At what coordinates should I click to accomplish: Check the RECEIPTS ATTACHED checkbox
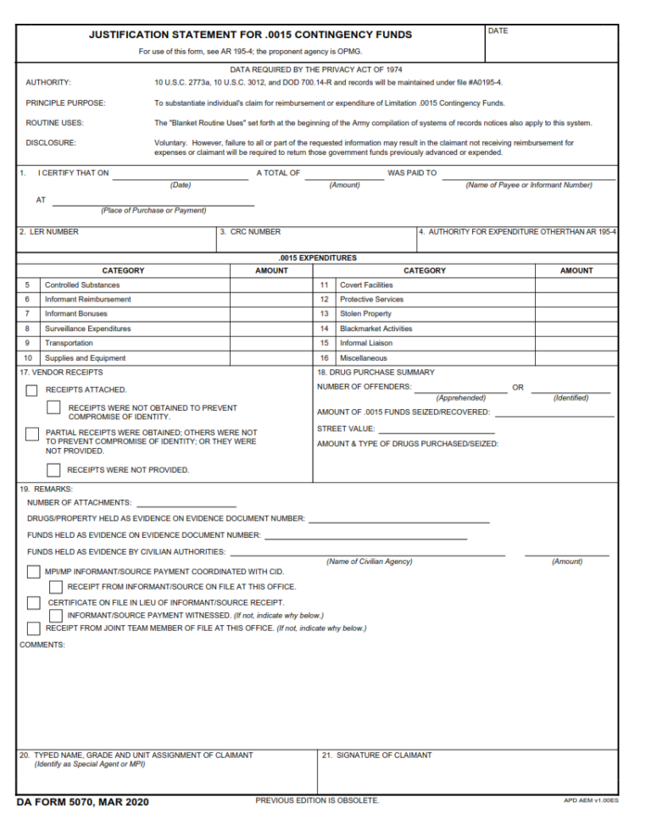pyautogui.click(x=32, y=390)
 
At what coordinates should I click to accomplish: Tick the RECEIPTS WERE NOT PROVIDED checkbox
pyautogui.click(x=53, y=470)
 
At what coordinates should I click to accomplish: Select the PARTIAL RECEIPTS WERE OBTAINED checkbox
pyautogui.click(x=32, y=434)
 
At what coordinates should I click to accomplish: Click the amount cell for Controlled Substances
pyautogui.click(x=271, y=285)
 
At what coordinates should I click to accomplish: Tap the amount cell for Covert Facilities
pyautogui.click(x=576, y=285)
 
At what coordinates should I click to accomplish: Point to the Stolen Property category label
pyautogui.click(x=365, y=314)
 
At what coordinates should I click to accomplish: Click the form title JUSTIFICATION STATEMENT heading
pyautogui.click(x=250, y=36)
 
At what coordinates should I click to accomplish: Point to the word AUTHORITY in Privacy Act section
pyautogui.click(x=48, y=83)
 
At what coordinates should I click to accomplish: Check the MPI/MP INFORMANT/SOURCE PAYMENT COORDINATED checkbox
pyautogui.click(x=33, y=573)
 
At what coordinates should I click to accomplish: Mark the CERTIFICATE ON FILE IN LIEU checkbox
pyautogui.click(x=33, y=603)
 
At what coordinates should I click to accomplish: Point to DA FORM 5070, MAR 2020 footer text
pyautogui.click(x=82, y=802)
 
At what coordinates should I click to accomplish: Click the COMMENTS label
pyautogui.click(x=42, y=645)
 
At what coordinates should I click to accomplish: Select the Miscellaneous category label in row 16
pyautogui.click(x=363, y=358)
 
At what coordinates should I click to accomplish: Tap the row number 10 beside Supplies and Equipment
pyautogui.click(x=28, y=358)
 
